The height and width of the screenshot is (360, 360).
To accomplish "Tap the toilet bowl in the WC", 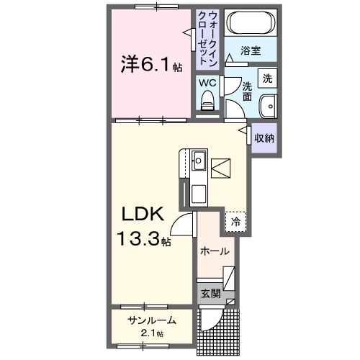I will (208, 105).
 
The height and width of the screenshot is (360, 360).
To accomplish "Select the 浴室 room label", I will (250, 51).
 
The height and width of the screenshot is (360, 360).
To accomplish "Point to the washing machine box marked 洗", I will (267, 78).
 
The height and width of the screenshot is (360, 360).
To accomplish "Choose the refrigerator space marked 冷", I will (235, 222).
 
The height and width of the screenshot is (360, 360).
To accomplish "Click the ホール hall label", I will (215, 251).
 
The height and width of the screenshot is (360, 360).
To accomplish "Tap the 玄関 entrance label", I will (210, 294).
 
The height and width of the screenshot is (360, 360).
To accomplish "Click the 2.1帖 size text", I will (152, 333).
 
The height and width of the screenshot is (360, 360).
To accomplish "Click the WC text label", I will (207, 83).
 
